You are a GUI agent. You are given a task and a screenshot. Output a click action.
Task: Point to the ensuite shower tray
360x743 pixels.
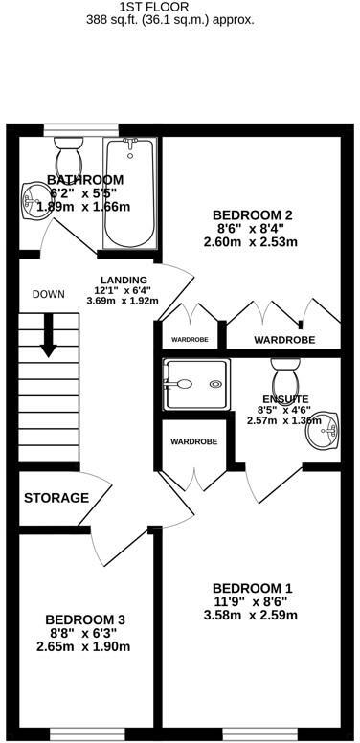(196, 386)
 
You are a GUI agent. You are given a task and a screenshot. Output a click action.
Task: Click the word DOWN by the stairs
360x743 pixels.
(48, 293)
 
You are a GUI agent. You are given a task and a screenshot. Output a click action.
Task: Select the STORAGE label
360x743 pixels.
(56, 498)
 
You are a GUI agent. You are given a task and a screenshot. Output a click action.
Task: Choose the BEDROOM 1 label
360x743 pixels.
(252, 587)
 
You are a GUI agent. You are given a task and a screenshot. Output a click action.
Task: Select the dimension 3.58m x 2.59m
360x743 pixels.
(252, 616)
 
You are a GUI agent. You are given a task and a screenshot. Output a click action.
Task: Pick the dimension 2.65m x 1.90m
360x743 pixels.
(87, 647)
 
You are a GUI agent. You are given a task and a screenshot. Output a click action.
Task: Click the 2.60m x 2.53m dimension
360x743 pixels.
(251, 242)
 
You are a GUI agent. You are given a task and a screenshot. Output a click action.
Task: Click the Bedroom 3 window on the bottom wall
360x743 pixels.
(88, 734)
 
